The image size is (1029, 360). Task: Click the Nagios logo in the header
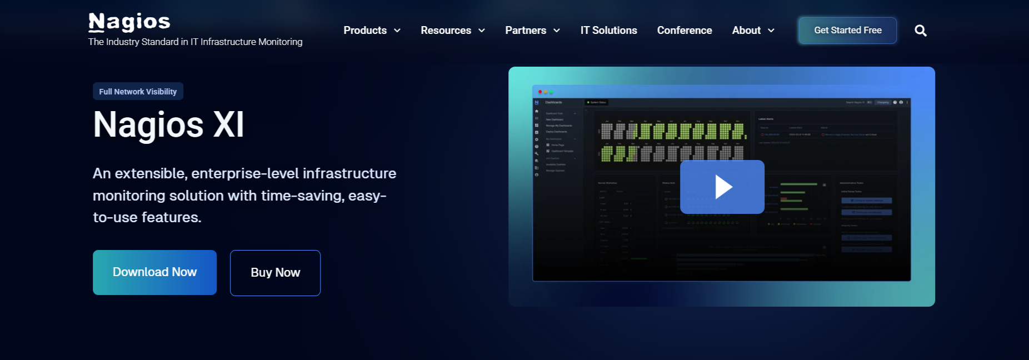point(129,22)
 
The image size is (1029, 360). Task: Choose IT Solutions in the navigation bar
point(608,31)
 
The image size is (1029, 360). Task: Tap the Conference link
point(684,31)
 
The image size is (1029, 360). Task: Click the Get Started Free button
point(847,31)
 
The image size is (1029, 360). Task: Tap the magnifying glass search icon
point(920,31)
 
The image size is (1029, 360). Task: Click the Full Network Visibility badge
point(138,92)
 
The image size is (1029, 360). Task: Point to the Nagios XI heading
point(168,124)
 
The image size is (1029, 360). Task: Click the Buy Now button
point(275,273)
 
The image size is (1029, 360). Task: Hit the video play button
point(722,187)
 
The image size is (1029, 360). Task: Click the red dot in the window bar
point(540,92)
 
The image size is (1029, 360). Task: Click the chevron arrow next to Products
point(397,31)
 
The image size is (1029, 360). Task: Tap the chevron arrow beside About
point(771,31)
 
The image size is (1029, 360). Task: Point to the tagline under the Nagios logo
point(195,42)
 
